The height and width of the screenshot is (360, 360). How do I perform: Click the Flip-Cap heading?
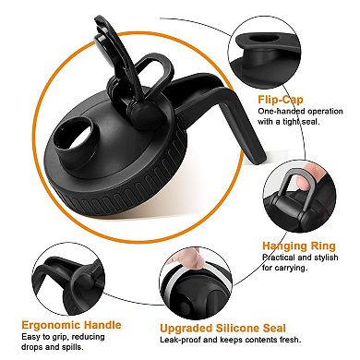[x=281, y=100]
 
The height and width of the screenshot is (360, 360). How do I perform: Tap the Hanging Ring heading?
[x=299, y=246]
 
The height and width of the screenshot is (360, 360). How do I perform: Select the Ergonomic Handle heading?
[x=71, y=325]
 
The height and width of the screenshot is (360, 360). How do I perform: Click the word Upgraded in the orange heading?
[x=186, y=329]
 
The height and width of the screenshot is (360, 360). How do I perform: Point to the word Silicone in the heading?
[x=236, y=328]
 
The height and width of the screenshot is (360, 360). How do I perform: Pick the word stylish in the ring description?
[x=326, y=258]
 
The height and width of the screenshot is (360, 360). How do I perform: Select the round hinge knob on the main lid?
[x=144, y=113]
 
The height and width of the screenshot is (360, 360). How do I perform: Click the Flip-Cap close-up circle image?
[x=264, y=53]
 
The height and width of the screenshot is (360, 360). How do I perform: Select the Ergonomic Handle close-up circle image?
[x=68, y=278]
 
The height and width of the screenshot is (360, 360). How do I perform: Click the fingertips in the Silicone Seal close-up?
[x=188, y=259]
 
